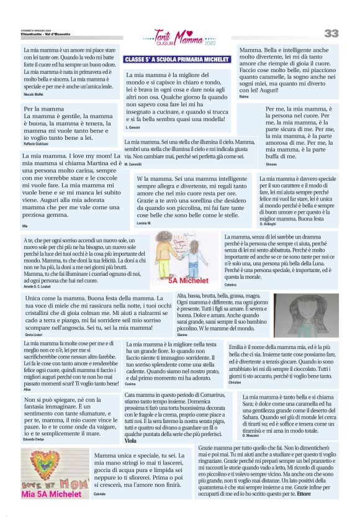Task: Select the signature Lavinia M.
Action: coord(144,222)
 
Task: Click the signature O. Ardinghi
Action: coord(267,223)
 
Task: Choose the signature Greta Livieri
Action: coord(34,333)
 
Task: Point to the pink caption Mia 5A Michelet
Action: coord(52,494)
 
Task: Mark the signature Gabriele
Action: coord(99,494)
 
